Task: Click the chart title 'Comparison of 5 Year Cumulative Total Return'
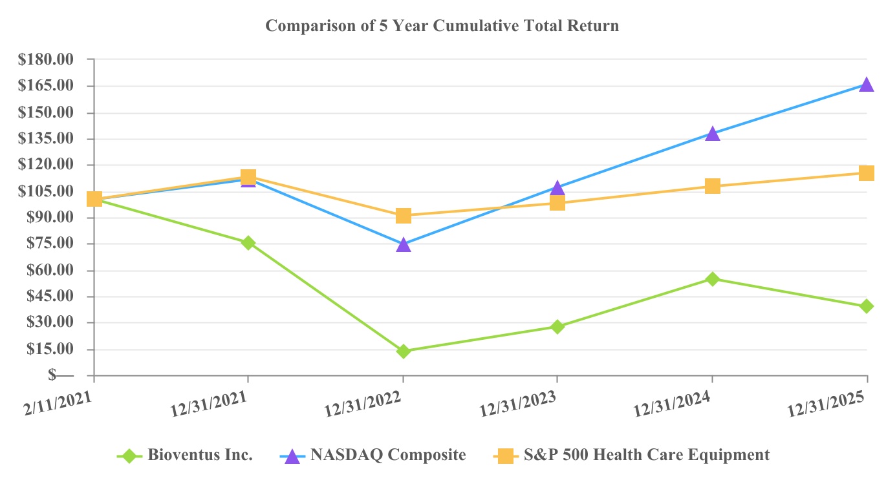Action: (x=442, y=26)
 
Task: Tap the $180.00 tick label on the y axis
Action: (x=47, y=59)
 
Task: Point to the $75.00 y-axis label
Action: (x=47, y=244)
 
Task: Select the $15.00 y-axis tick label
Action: (x=47, y=349)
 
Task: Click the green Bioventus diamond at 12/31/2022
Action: (x=404, y=351)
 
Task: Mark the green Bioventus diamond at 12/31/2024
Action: (x=713, y=279)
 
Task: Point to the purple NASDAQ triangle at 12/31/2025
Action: (x=867, y=85)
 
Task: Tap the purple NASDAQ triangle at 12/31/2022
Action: (x=404, y=245)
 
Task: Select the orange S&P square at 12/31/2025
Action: (x=867, y=172)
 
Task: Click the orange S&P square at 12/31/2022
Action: (x=404, y=215)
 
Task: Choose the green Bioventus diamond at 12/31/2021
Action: (x=248, y=243)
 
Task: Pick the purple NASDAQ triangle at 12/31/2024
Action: (x=713, y=134)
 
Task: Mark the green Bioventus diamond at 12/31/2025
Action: (x=867, y=306)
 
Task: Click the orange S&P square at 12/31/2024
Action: (x=713, y=186)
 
